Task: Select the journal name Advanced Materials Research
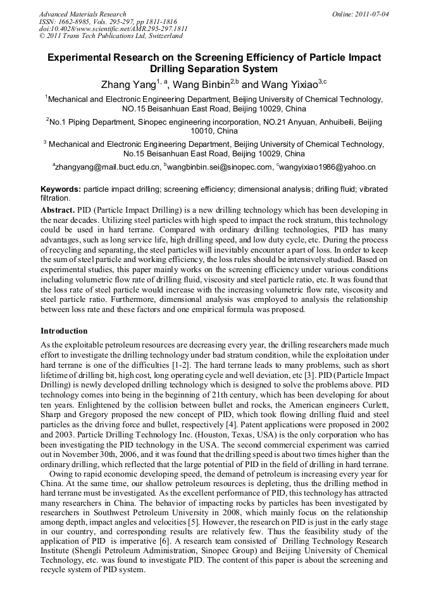pyautogui.click(x=83, y=14)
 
